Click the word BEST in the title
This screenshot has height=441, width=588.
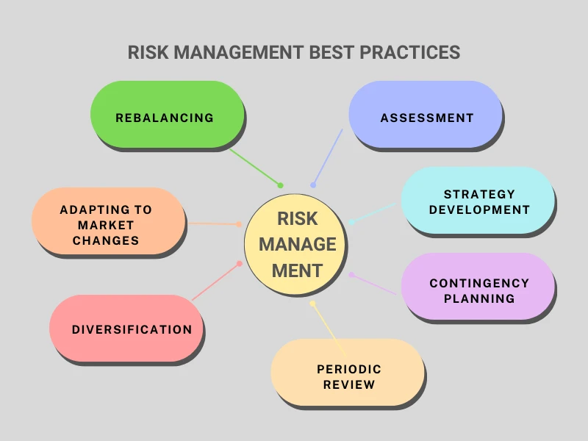330,53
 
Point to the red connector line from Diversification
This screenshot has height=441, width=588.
216,281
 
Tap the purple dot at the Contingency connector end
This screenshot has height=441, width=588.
352,275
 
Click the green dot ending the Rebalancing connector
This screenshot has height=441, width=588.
280,184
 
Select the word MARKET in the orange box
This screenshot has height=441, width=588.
106,225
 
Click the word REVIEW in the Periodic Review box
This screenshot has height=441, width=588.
348,384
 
